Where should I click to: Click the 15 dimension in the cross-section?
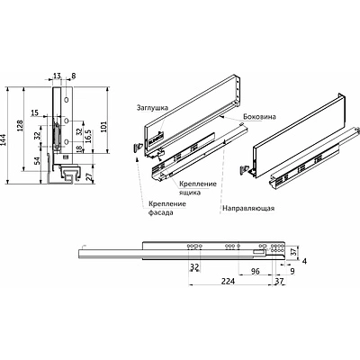coord(33,113)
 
